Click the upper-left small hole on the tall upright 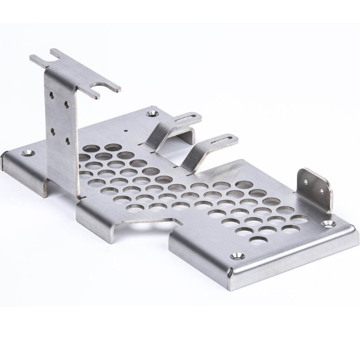[53, 94]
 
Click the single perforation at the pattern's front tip [259, 240]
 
